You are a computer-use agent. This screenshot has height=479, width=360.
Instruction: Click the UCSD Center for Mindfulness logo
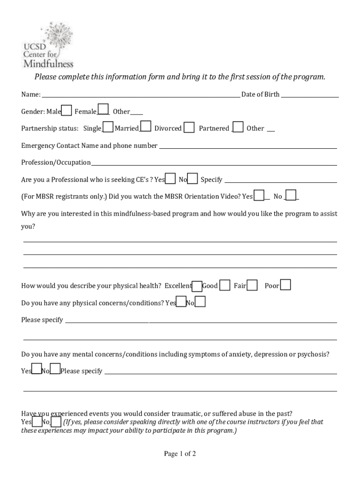(x=48, y=45)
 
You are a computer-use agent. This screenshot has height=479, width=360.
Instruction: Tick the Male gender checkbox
(x=67, y=110)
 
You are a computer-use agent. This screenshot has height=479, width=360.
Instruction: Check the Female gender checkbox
(x=103, y=110)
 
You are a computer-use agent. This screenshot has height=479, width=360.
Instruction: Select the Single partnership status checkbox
(x=108, y=127)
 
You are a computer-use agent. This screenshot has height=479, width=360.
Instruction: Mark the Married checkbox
(x=146, y=127)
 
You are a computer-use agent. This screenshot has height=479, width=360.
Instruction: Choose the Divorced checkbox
(x=189, y=127)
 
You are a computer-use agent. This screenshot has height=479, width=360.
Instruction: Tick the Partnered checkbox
(x=238, y=127)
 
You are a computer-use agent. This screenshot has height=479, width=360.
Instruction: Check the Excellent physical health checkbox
(x=197, y=286)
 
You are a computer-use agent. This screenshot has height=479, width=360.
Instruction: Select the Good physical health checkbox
(x=225, y=285)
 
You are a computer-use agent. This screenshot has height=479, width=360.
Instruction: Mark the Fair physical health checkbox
(x=252, y=285)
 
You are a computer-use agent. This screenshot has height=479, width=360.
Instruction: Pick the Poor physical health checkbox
(x=285, y=285)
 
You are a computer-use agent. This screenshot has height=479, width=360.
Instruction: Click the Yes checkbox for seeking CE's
(x=171, y=179)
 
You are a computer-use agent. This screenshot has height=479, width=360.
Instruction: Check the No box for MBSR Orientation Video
(x=291, y=196)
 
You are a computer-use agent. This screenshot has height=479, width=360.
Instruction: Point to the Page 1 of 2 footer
(x=180, y=454)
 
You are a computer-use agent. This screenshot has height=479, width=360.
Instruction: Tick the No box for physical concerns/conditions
(x=200, y=302)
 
